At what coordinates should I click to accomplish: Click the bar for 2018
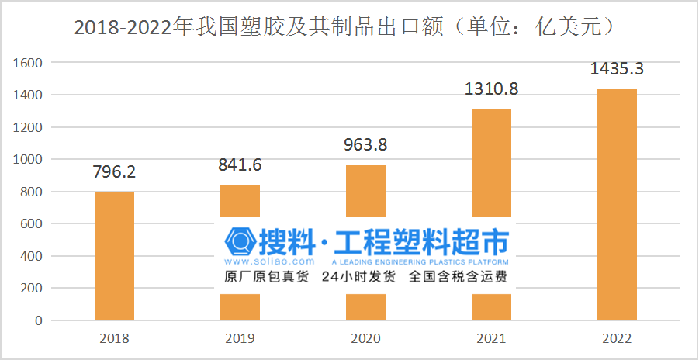[x=114, y=255]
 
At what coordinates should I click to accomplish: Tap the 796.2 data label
[x=114, y=171]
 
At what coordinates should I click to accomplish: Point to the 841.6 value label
[x=240, y=164]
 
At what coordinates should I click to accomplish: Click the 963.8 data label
[x=365, y=144]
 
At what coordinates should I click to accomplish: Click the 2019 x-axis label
[x=240, y=339]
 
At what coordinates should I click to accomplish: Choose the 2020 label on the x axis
[x=365, y=339]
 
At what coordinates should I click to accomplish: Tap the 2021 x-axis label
[x=491, y=339]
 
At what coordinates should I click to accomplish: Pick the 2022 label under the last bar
[x=617, y=339]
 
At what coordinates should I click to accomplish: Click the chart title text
[x=346, y=26]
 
